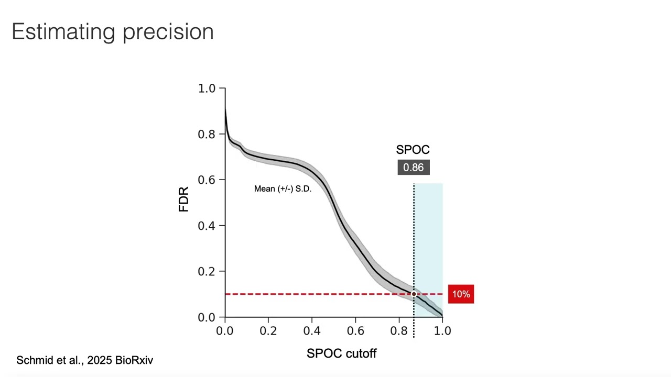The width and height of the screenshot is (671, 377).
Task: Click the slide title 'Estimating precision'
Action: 113,32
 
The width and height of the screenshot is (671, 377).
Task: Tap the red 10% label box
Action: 461,294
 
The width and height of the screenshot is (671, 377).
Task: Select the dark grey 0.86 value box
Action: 414,168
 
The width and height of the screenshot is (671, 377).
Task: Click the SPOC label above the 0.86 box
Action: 413,150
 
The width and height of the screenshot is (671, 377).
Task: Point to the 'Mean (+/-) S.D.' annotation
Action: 283,189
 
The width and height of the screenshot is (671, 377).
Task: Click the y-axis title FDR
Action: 183,199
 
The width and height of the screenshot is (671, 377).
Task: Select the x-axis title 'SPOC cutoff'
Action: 341,353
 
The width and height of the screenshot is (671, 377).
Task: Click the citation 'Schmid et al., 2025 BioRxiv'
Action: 85,360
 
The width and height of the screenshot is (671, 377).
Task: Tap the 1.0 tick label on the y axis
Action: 207,88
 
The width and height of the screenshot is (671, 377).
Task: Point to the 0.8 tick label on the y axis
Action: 207,135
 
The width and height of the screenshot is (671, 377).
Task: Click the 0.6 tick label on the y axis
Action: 207,180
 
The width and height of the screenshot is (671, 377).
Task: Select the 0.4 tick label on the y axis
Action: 207,226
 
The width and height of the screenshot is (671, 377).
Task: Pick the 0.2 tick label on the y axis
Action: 207,272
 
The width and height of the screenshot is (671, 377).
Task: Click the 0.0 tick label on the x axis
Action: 225,331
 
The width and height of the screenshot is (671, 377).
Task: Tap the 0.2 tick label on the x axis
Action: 268,331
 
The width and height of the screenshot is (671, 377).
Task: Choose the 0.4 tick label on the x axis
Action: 312,331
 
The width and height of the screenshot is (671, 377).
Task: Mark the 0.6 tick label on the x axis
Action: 355,331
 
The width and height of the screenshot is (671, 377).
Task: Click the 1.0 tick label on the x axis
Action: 442,331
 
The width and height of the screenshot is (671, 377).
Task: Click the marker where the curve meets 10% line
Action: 414,294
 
